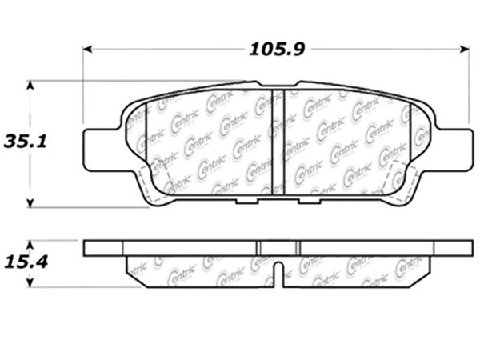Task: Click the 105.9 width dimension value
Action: tap(277, 50)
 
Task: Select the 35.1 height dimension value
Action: tap(25, 142)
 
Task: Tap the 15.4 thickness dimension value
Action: tap(26, 262)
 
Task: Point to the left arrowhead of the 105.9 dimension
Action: tap(88, 49)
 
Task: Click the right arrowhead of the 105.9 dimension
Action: tap(465, 49)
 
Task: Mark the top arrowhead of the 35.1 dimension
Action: tap(30, 86)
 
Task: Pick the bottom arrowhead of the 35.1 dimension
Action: tap(30, 203)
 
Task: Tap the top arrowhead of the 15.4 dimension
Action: tap(30, 245)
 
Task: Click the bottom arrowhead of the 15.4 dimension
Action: tap(30, 282)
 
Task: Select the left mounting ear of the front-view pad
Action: tap(101, 150)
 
